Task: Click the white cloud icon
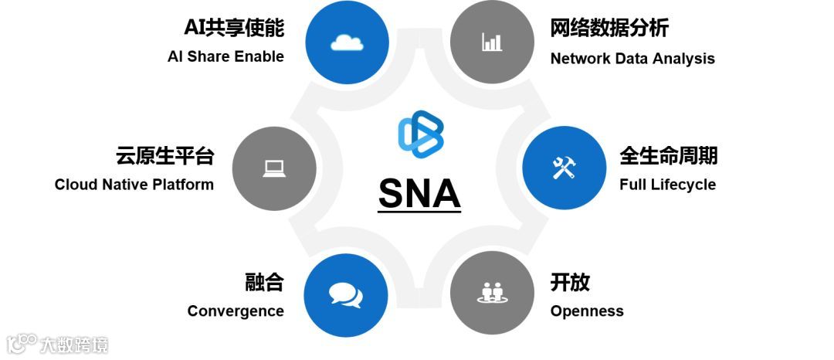click(x=347, y=42)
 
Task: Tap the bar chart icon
click(x=491, y=42)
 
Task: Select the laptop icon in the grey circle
click(x=274, y=168)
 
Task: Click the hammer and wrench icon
click(x=564, y=168)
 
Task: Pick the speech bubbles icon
click(x=345, y=294)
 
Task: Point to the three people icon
click(x=491, y=293)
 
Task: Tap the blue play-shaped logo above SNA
click(x=420, y=133)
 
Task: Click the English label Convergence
click(x=236, y=311)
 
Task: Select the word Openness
click(x=587, y=311)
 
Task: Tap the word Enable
click(x=259, y=56)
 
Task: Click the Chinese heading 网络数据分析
click(x=609, y=29)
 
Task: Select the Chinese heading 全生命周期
click(x=669, y=156)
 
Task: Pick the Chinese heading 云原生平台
click(x=164, y=156)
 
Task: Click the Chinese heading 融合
click(x=264, y=283)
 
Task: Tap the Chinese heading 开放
click(x=570, y=283)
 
